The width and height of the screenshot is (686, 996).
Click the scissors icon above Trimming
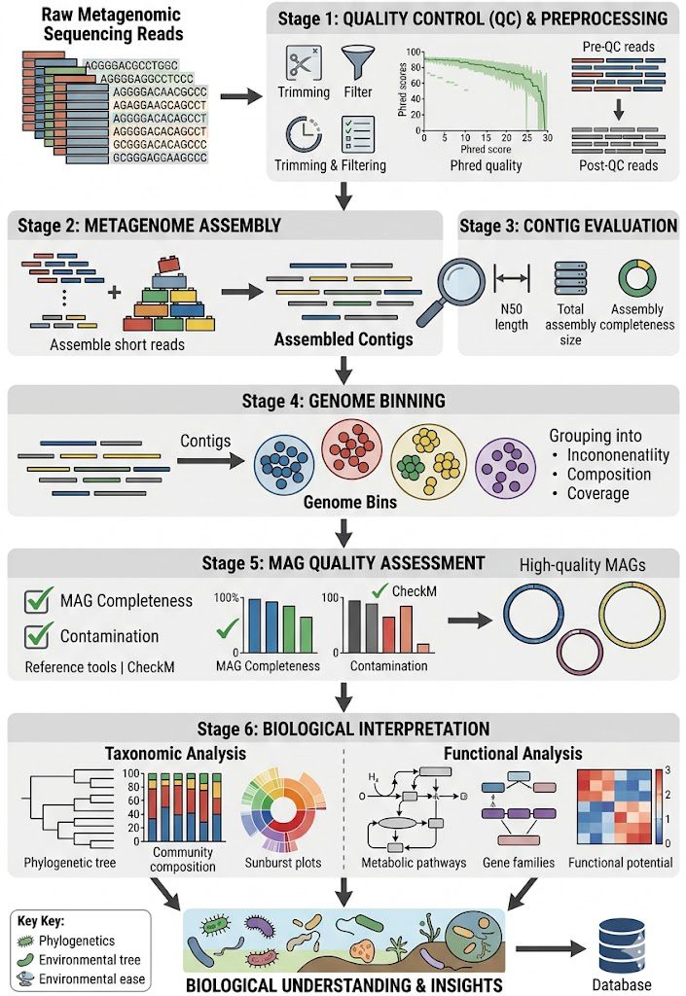[x=303, y=62]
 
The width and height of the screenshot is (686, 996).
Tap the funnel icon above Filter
[x=358, y=62]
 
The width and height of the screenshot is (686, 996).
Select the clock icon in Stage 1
[x=303, y=134]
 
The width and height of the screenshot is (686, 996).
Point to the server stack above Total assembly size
[x=570, y=278]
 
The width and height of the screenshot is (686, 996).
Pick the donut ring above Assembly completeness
[x=636, y=277]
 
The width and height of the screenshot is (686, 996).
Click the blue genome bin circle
[x=284, y=466]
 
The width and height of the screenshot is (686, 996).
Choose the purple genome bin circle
[x=506, y=468]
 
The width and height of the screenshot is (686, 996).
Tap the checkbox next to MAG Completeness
[x=38, y=599]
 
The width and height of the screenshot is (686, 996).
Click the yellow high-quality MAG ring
[x=632, y=615]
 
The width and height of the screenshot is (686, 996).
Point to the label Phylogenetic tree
[x=70, y=863]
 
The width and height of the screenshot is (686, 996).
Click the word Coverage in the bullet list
[x=597, y=493]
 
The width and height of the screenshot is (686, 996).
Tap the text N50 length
[x=511, y=317]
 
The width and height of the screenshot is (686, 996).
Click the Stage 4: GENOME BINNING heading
[x=343, y=401]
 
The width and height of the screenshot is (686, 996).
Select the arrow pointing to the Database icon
[x=551, y=949]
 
